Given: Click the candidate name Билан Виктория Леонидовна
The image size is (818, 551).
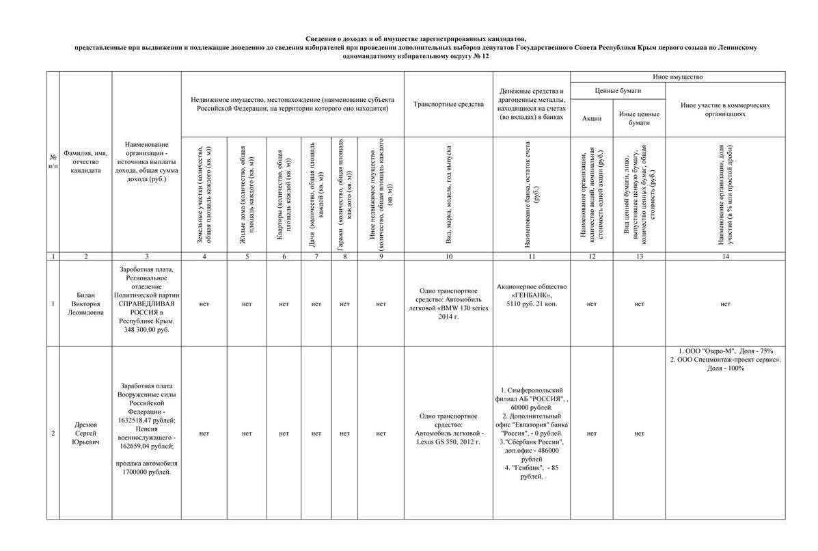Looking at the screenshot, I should pyautogui.click(x=85, y=303).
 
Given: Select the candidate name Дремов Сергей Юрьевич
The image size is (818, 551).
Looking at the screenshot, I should pyautogui.click(x=85, y=433).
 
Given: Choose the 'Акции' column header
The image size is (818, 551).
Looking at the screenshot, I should pyautogui.click(x=592, y=118).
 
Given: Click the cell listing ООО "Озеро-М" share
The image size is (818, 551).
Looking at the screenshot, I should pyautogui.click(x=725, y=359).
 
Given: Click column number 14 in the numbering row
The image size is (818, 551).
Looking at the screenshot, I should pyautogui.click(x=725, y=256).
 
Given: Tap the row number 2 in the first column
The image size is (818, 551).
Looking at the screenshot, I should pyautogui.click(x=53, y=433).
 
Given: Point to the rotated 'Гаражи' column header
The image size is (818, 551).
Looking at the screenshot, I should pyautogui.click(x=344, y=195).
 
